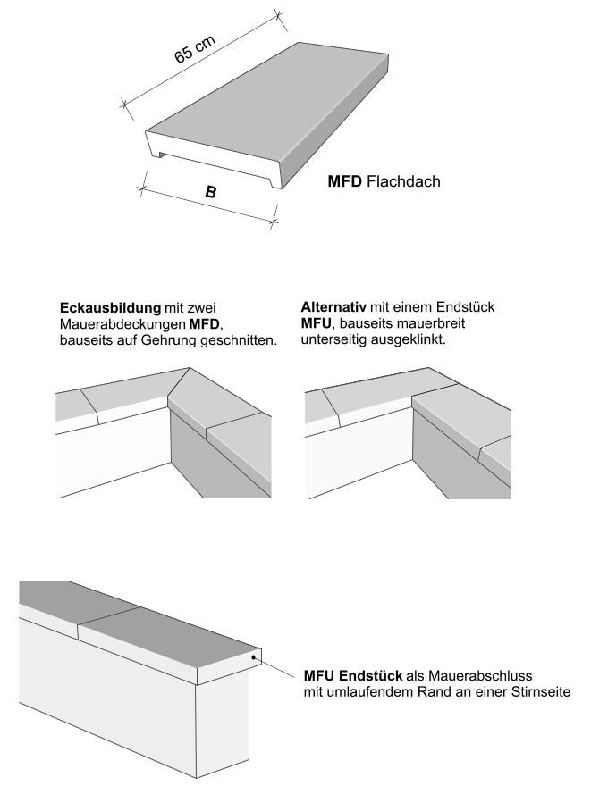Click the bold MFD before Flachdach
[x=345, y=181]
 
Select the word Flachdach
[x=403, y=181]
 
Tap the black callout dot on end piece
[x=256, y=657]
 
